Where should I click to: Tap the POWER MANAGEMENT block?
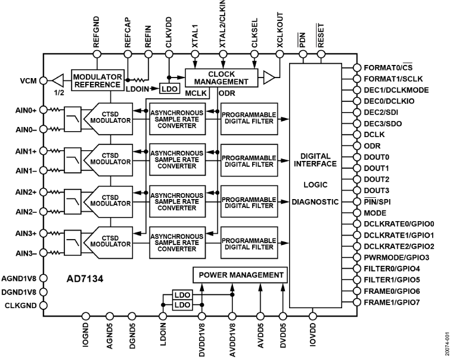click(240, 275)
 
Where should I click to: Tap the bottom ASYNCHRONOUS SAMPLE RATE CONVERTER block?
click(176, 242)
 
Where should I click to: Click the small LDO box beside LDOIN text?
click(169, 89)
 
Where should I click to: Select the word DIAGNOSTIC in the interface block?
click(316, 202)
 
